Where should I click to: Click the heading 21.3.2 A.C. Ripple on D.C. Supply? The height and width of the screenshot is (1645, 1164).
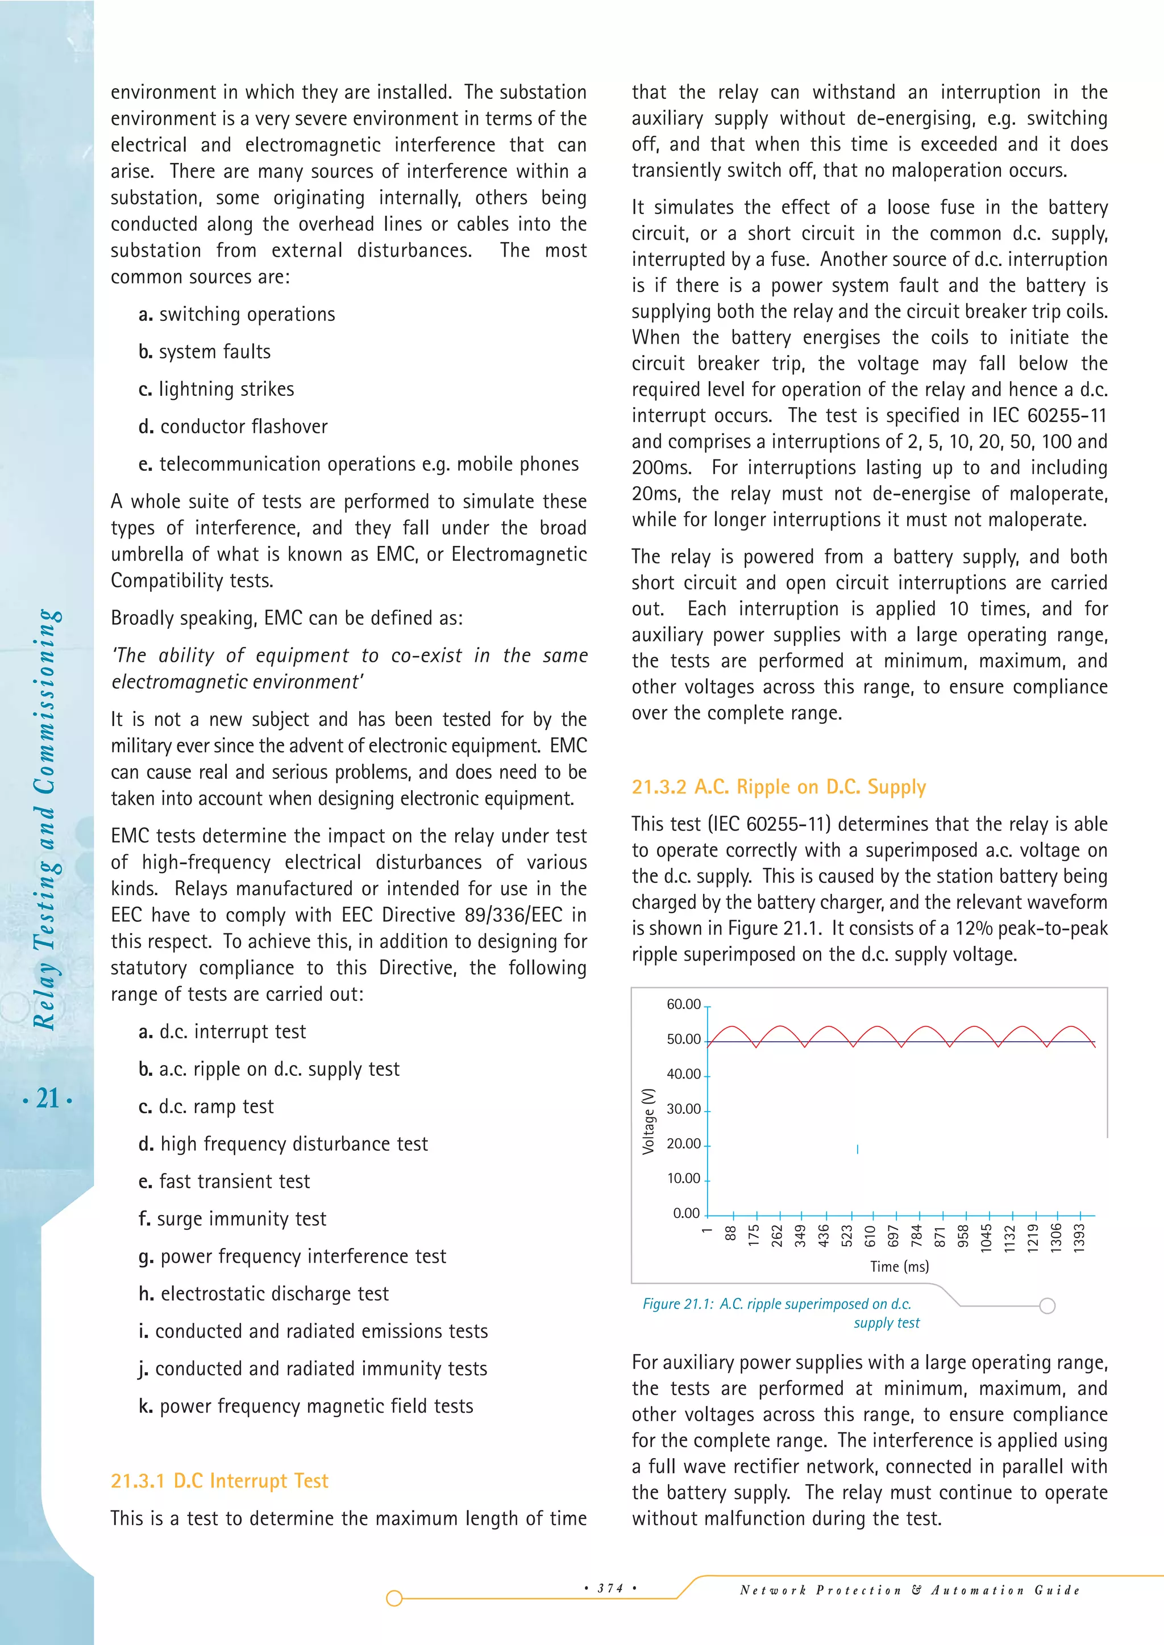click(779, 787)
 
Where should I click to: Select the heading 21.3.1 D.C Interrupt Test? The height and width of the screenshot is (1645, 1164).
click(219, 1480)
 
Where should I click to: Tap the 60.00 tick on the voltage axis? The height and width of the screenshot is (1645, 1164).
click(684, 1004)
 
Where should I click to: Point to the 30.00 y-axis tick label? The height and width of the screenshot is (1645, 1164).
click(684, 1109)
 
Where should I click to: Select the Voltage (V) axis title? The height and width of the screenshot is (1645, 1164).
click(648, 1121)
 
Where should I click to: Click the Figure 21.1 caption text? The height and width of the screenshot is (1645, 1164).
click(777, 1304)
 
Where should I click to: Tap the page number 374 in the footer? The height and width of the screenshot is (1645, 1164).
click(610, 1588)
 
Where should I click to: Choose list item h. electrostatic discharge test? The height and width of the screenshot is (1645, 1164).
click(264, 1293)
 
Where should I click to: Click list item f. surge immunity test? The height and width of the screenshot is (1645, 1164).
click(232, 1219)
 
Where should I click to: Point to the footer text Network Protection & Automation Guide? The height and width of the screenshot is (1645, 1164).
click(909, 1590)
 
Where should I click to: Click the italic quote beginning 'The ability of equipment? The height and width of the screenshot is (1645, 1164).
click(349, 668)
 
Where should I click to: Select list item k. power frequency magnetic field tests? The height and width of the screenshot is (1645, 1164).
click(306, 1406)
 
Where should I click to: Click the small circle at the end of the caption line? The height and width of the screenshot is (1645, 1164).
click(1047, 1305)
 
